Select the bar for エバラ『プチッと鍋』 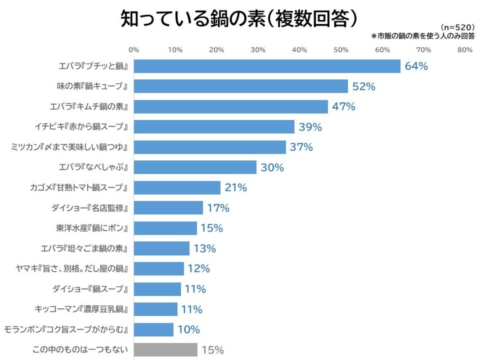(267, 66)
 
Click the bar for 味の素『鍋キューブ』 (241, 87)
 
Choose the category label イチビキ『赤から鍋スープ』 (90, 127)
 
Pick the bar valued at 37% (210, 147)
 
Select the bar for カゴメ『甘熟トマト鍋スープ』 (177, 188)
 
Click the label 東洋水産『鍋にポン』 (93, 228)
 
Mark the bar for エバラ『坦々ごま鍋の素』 (161, 249)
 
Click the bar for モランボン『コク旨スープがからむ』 (154, 330)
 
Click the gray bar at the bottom (165, 350)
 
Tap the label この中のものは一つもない (80, 350)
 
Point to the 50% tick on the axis (341, 50)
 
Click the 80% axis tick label (465, 50)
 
